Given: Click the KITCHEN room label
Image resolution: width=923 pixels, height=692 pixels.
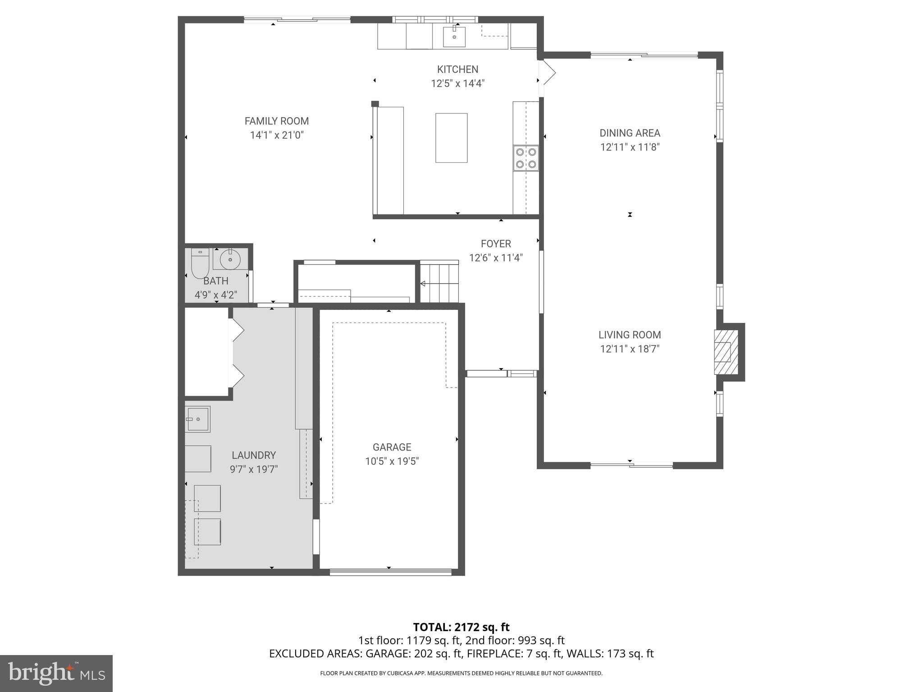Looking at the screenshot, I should point(457,69).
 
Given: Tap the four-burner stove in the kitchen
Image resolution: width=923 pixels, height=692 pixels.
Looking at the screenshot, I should point(526,158).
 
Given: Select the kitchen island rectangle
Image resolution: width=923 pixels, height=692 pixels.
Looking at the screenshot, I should point(451,138).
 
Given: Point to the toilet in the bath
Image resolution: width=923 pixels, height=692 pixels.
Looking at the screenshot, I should point(200,264).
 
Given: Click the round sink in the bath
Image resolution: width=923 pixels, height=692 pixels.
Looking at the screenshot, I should point(230,259).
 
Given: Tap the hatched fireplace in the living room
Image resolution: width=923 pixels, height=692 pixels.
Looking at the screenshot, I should point(726,352).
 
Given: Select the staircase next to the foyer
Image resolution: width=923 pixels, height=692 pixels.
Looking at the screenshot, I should point(439,283).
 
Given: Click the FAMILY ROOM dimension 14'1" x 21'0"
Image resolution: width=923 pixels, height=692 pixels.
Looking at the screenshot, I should point(277,135).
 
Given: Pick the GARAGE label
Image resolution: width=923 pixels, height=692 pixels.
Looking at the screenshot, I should point(392,447).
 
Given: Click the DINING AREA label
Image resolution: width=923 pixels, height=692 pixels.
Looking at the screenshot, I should point(630,133).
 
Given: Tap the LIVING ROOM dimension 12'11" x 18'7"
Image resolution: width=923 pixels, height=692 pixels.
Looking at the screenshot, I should point(630,349).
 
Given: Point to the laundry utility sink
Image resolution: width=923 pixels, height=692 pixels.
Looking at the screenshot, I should point(198,419).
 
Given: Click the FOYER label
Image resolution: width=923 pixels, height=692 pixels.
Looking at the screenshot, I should point(496,244).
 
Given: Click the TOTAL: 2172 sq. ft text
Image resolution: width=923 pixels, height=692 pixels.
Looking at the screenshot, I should point(461,627).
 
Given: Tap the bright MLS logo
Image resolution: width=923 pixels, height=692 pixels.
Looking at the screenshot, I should point(56,673).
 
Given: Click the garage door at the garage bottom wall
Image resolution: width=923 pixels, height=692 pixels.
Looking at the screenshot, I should point(390,572).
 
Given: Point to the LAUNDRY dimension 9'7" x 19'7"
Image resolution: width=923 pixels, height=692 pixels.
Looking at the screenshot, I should point(254,469).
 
